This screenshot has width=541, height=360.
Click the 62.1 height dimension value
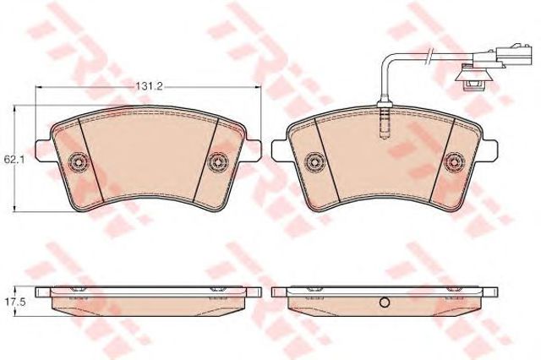click(11, 160)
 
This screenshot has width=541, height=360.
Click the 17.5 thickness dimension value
click(11, 303)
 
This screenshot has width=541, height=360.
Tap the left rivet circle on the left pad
click(78, 161)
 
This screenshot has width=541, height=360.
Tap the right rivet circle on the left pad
click(219, 161)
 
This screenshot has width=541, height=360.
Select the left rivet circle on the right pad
click(314, 161)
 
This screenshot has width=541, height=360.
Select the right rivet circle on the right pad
click(455, 161)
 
